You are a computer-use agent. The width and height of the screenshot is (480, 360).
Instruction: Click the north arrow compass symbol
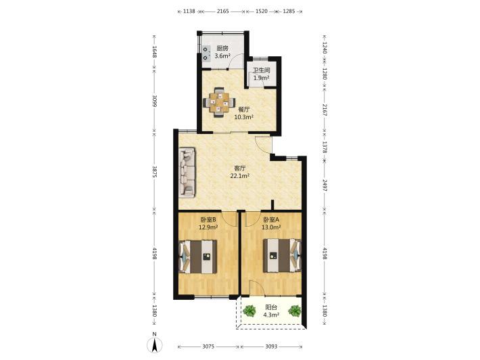coord(155,344)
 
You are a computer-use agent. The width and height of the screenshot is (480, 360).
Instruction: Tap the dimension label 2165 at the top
coord(223,12)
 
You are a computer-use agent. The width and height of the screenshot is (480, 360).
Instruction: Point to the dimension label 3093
coord(271,346)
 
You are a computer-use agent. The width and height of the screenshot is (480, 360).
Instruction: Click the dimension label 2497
coord(325,184)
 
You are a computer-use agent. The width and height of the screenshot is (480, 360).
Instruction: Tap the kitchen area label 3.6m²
coord(222,56)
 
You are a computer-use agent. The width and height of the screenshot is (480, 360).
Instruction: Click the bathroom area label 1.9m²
coord(262,78)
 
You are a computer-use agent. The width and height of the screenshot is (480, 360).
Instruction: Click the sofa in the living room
coord(187,173)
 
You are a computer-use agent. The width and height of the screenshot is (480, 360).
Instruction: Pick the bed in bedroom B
coord(198,256)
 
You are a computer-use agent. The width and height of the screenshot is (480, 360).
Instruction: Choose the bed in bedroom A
coord(282,255)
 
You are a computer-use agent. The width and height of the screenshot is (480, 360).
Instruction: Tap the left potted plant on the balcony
coord(249,311)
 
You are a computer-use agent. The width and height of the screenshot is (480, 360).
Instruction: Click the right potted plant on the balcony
coord(295,311)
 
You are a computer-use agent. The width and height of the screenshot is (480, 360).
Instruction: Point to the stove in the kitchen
coord(206,53)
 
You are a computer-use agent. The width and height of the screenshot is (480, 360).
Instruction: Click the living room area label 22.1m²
coord(240,176)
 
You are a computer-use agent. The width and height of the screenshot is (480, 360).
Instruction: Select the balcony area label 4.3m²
coord(271,315)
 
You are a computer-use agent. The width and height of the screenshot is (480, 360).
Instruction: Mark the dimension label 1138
coord(189,12)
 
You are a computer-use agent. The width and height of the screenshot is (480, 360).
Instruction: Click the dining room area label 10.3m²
coord(243,117)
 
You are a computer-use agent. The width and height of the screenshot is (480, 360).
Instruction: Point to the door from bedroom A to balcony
coord(256,288)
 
